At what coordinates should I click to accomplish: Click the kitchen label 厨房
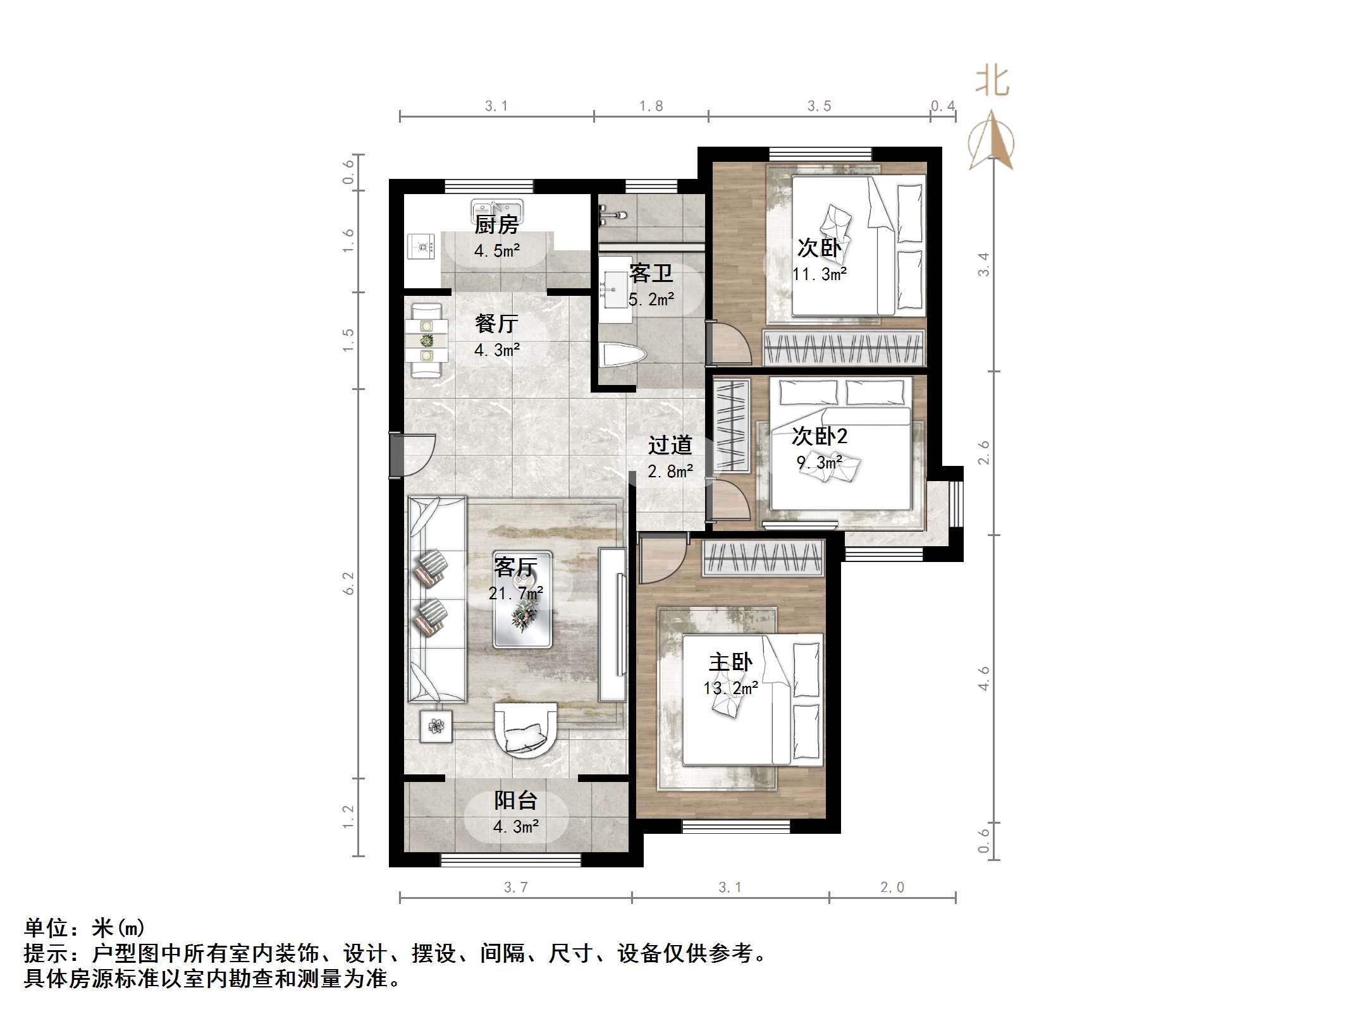coord(496,224)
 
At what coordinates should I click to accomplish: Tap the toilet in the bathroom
coord(623,355)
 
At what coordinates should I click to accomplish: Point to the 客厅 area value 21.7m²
coord(515,594)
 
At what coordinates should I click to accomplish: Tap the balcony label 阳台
coord(515,800)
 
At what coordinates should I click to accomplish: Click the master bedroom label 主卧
coord(730,662)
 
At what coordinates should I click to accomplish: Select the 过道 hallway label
coord(670,445)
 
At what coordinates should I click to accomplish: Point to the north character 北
coord(992,82)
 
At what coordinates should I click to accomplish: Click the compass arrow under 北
coord(992,142)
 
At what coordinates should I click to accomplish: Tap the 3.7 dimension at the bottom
coord(515,888)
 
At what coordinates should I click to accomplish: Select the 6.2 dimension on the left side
coord(348,583)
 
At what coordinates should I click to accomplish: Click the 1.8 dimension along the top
coord(651,106)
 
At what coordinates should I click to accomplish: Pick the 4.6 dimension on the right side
coord(983,678)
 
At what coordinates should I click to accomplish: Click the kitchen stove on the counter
coord(421,246)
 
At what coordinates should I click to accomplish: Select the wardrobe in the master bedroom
coord(763,558)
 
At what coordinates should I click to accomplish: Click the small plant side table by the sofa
coord(436,726)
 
